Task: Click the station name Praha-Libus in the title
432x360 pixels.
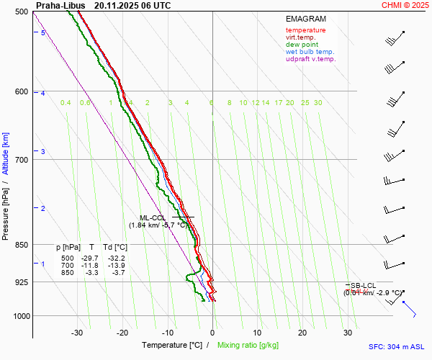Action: point(60,5)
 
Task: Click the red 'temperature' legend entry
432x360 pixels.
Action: point(305,30)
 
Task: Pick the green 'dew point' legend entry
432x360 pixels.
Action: point(302,45)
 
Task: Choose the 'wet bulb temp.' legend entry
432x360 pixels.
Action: point(310,52)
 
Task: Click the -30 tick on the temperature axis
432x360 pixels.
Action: point(77,333)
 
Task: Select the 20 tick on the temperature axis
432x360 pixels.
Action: point(302,333)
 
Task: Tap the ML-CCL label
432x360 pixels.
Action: point(153,217)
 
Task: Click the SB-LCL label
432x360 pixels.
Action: point(363,286)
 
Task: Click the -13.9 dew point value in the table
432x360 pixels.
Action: point(116,266)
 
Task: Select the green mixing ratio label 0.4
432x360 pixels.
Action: point(66,103)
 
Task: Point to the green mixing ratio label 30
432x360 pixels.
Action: point(318,103)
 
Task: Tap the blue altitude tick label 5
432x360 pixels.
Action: point(43,33)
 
